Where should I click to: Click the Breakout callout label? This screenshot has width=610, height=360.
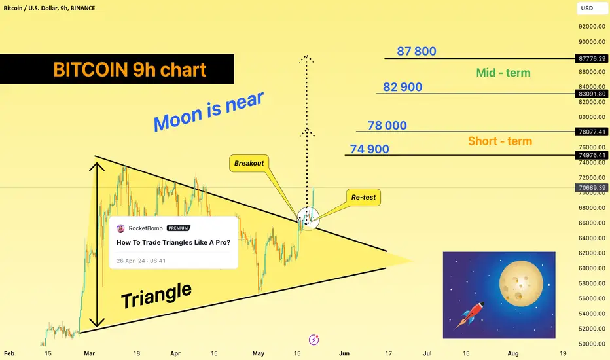249,163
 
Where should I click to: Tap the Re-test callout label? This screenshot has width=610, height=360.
363,197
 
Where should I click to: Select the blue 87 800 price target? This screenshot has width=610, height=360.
416,51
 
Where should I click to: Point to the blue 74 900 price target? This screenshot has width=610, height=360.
369,149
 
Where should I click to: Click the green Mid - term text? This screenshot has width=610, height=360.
503,73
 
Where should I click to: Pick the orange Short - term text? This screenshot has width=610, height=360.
500,141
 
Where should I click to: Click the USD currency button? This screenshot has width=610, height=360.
587,8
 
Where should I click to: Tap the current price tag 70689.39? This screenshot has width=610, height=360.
592,188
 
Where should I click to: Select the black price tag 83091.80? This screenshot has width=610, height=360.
592,94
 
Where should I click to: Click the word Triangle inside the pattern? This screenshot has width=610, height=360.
156,295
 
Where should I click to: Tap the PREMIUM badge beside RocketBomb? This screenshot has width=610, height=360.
178,228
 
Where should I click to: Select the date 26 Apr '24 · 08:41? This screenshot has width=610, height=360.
141,261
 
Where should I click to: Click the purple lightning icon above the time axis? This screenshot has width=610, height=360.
314,340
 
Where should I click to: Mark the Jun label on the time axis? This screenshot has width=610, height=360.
344,353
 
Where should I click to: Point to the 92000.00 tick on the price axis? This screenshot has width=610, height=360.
592,26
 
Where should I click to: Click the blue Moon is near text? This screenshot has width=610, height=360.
209,112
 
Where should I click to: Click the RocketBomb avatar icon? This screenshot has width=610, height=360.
120,228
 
